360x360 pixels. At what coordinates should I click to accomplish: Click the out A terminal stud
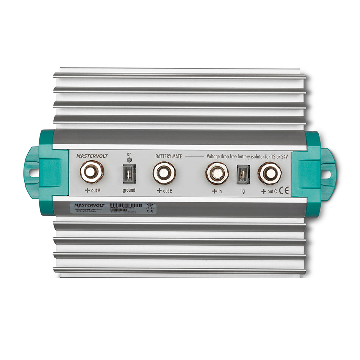click(92, 172)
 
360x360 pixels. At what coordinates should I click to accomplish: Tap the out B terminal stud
click(164, 173)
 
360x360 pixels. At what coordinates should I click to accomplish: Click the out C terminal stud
click(269, 174)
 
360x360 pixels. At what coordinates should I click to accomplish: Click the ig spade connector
click(243, 174)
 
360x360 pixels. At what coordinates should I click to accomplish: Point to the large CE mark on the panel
click(283, 191)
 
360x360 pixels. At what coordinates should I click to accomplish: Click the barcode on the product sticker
click(125, 205)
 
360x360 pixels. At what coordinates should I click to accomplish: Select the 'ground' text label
click(128, 190)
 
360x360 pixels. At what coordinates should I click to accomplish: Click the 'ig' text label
click(243, 191)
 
